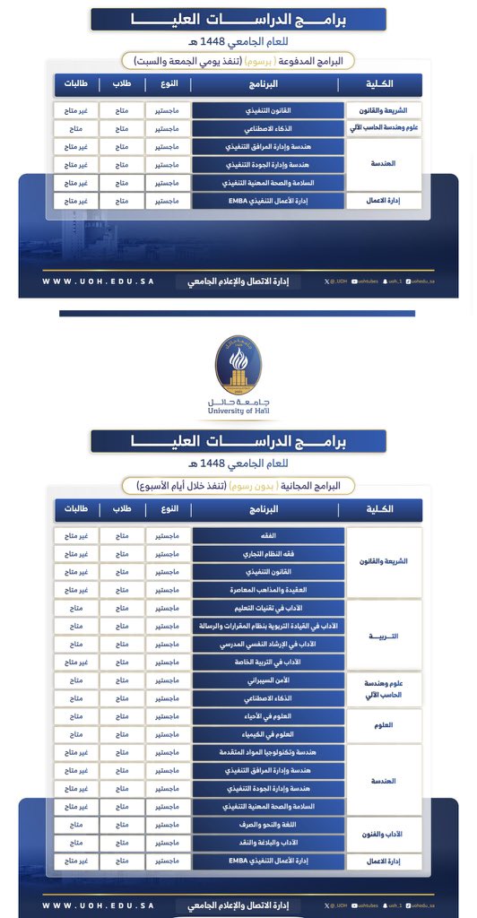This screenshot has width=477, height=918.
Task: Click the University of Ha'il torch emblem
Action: click(238, 364)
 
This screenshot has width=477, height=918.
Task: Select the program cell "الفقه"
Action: click(268, 535)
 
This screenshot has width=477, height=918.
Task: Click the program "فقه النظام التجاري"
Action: click(268, 553)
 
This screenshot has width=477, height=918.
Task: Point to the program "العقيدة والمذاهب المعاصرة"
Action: click(268, 589)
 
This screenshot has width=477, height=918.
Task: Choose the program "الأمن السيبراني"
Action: click(268, 680)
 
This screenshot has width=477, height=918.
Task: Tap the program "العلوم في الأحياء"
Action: click(268, 715)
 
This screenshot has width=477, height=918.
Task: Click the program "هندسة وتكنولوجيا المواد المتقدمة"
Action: click(268, 752)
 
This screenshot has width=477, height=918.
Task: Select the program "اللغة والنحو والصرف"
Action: click(268, 824)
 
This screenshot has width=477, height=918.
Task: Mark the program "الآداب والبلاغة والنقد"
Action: click(268, 842)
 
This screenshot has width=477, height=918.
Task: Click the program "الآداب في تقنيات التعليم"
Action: click(268, 608)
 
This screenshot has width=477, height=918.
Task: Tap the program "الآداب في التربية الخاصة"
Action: click(268, 662)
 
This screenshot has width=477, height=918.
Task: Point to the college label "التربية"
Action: click(383, 636)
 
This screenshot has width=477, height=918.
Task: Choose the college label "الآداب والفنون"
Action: click(383, 834)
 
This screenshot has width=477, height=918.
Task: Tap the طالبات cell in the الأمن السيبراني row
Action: click(75, 680)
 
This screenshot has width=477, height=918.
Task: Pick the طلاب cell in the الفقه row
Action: click(120, 535)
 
